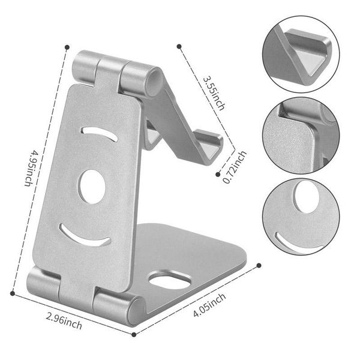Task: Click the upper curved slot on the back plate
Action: pos(100,133)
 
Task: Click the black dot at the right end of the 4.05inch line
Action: pos(259,265)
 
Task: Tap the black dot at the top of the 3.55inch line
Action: pos(178,45)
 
